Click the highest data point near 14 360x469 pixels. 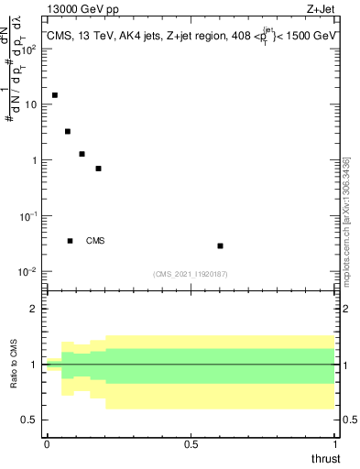(55, 94)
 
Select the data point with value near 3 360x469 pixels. (68, 131)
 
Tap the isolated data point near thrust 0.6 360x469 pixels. (220, 245)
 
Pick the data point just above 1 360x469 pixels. (82, 154)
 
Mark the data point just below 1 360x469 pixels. (98, 169)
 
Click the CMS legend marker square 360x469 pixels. (70, 241)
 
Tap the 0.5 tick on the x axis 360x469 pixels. (191, 443)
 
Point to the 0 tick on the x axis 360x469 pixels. (47, 443)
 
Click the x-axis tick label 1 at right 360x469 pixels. (335, 443)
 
